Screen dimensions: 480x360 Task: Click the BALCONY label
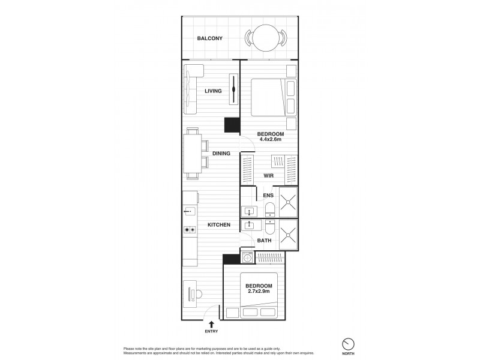point(210,38)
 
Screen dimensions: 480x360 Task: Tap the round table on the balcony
point(264,38)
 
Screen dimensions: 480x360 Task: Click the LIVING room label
point(213,91)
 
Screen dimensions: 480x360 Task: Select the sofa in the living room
point(191,91)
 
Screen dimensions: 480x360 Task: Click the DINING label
point(221,154)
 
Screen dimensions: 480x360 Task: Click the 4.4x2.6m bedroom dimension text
point(270,140)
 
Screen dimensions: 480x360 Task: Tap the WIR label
point(269,176)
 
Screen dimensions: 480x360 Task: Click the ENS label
point(268,195)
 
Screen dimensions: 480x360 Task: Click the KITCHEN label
point(219,225)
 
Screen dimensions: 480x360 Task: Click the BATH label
point(264,241)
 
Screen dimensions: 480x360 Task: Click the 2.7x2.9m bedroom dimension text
point(259,292)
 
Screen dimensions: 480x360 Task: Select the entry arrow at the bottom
point(211,323)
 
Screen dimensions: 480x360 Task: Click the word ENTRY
point(211,331)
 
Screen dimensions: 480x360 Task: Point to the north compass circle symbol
point(347,344)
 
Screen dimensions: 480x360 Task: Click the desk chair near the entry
point(199,295)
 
